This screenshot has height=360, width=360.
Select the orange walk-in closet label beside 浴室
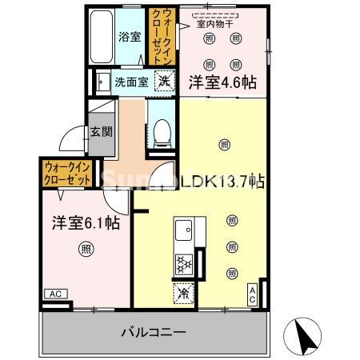tap(158, 37)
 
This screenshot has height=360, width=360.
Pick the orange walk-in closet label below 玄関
tap(67, 171)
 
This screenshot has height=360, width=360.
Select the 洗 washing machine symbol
tap(162, 80)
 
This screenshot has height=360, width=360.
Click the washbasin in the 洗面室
tap(102, 81)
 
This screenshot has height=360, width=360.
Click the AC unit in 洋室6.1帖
tap(55, 294)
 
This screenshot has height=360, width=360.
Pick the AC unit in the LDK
tap(251, 294)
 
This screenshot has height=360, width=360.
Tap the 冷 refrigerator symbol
tap(185, 294)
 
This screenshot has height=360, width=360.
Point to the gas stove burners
tap(184, 263)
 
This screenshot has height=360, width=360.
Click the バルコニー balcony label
tap(154, 330)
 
